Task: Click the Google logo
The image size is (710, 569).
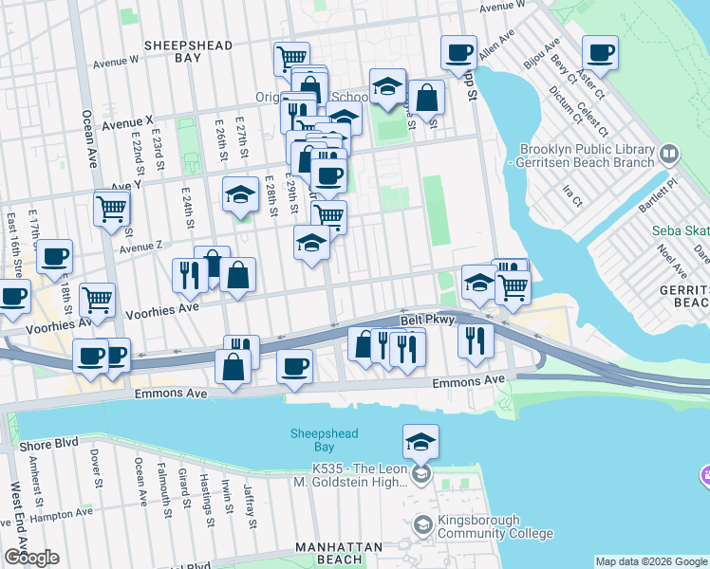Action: tap(31, 558)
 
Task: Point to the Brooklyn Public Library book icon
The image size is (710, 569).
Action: tap(668, 154)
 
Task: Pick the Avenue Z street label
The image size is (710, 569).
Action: tap(140, 247)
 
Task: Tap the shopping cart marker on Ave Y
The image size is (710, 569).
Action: tap(112, 207)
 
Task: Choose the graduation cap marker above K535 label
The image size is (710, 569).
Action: tap(420, 441)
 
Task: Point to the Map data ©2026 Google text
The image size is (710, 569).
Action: tap(651, 561)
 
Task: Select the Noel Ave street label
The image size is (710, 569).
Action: tap(667, 264)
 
